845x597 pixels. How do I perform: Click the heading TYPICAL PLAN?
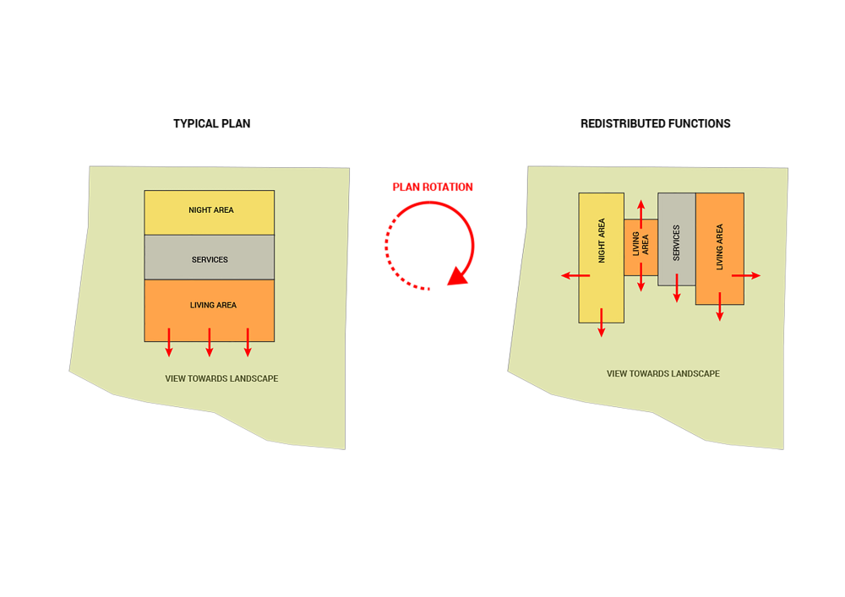coord(212,124)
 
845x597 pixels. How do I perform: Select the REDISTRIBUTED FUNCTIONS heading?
coord(656,124)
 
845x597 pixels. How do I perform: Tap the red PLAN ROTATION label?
coord(433,187)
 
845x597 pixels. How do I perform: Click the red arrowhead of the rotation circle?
coord(458,276)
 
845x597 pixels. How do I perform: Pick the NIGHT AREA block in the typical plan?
coord(209,213)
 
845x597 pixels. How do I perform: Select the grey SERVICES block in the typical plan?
coord(209,258)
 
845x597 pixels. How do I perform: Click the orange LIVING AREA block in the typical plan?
coord(209,311)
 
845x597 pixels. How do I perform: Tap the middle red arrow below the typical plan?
coord(210,342)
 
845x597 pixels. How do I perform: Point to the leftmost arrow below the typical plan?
coord(169,342)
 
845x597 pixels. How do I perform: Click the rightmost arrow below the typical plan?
coord(248,342)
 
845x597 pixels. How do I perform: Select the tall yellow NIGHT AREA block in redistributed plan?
coord(602,258)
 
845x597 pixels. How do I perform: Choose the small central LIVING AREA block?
coord(641,247)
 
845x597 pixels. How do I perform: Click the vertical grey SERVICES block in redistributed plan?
coord(677,239)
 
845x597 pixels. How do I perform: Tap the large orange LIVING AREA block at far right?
coord(720,249)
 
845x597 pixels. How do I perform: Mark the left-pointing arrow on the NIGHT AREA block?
coord(575,275)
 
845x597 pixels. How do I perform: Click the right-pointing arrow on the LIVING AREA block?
coord(746,275)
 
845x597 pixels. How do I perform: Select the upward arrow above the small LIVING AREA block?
coord(641,214)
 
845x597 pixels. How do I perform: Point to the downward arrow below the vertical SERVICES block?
coord(677,288)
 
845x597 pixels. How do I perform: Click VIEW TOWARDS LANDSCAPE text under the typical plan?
coord(221,378)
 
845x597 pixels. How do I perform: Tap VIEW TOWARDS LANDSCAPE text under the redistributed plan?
coord(662,373)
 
